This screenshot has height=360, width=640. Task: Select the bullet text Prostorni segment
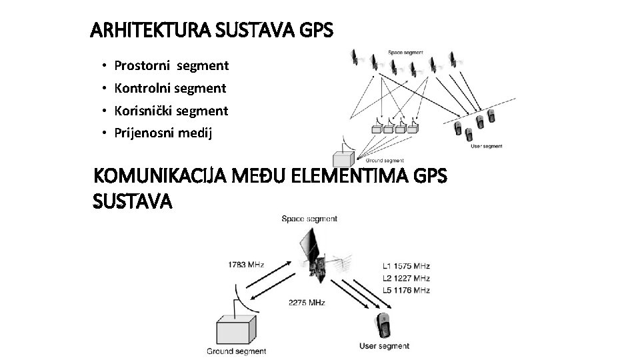click(x=171, y=66)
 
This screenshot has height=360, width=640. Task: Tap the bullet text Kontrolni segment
click(x=170, y=88)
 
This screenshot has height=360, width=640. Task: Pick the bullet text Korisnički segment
click(x=171, y=110)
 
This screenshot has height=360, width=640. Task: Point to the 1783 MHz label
click(x=246, y=265)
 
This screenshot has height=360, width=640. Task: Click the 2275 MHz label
click(x=307, y=303)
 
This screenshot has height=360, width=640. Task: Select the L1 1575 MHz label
click(x=407, y=265)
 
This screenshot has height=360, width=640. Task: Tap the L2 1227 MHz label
click(x=407, y=278)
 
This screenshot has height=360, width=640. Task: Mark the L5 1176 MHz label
click(x=407, y=291)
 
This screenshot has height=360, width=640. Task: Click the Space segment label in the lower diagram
click(x=309, y=219)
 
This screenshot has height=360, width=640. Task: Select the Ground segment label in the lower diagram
click(x=237, y=351)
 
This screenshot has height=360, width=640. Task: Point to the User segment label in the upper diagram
click(x=487, y=146)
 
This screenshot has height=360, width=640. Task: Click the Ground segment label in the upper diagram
click(x=385, y=160)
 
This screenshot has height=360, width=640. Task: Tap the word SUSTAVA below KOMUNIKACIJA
click(x=133, y=201)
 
